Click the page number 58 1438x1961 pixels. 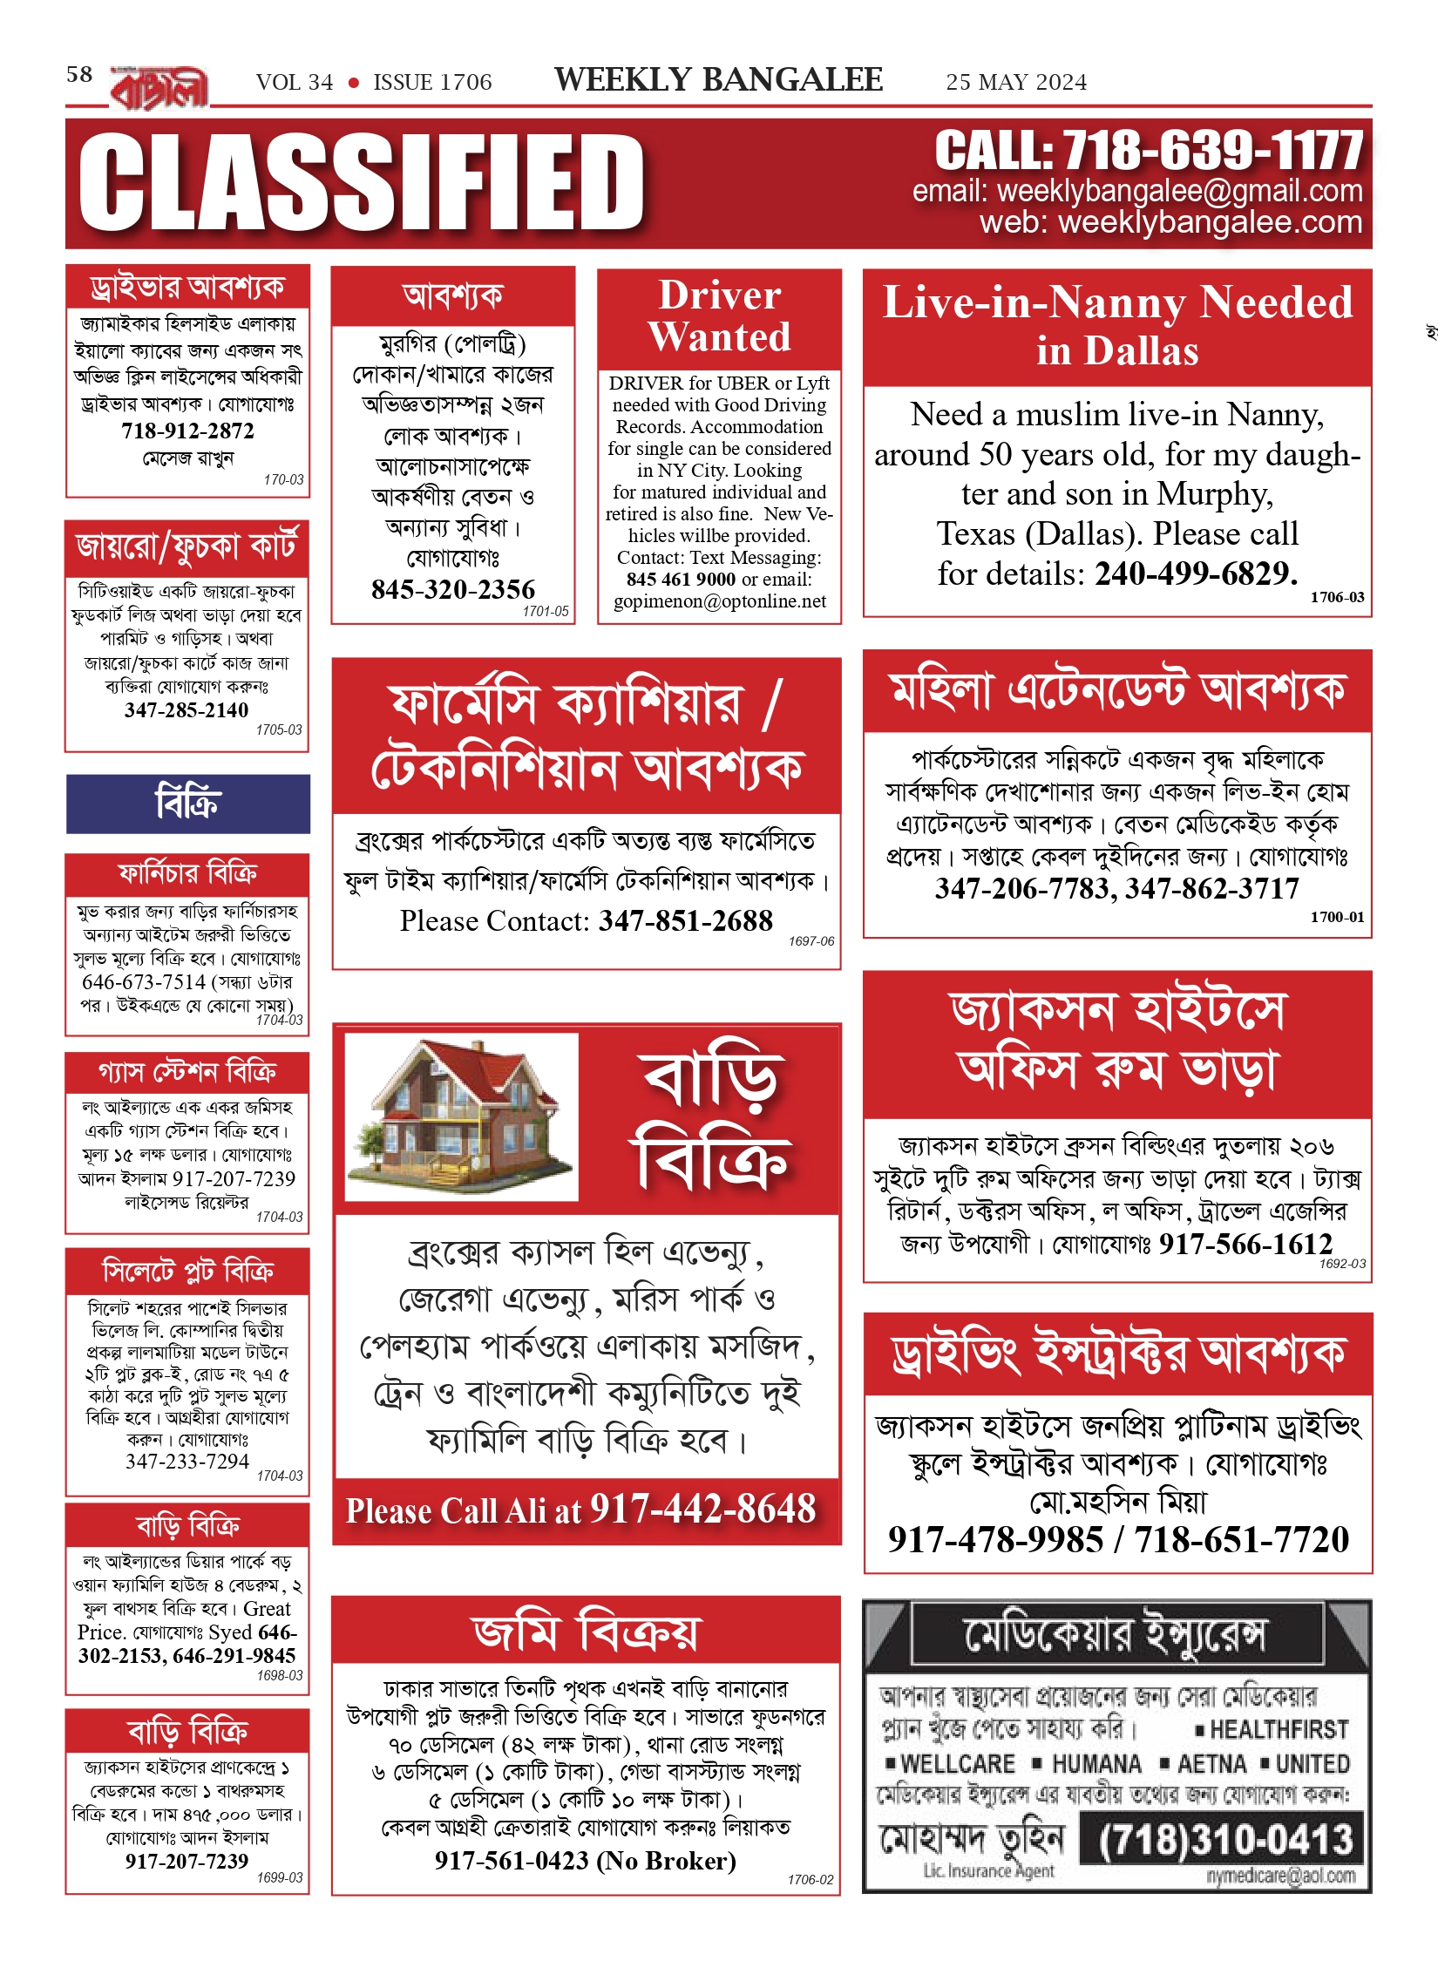79,74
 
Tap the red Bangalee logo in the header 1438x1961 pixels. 159,88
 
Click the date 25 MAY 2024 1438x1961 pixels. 1016,83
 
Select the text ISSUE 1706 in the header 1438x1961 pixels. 432,83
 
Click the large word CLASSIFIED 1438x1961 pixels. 362,183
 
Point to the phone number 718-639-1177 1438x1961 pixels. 1212,151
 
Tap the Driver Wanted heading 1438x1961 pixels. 719,316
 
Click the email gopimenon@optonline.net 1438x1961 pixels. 719,601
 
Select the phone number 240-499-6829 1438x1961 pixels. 1196,573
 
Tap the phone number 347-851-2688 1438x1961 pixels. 686,921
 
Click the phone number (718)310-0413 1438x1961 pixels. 1224,1840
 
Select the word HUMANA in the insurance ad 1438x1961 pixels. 1096,1764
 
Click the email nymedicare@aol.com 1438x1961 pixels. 1280,1876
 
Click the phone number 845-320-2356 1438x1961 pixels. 453,590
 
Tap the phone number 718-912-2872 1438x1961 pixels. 187,431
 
